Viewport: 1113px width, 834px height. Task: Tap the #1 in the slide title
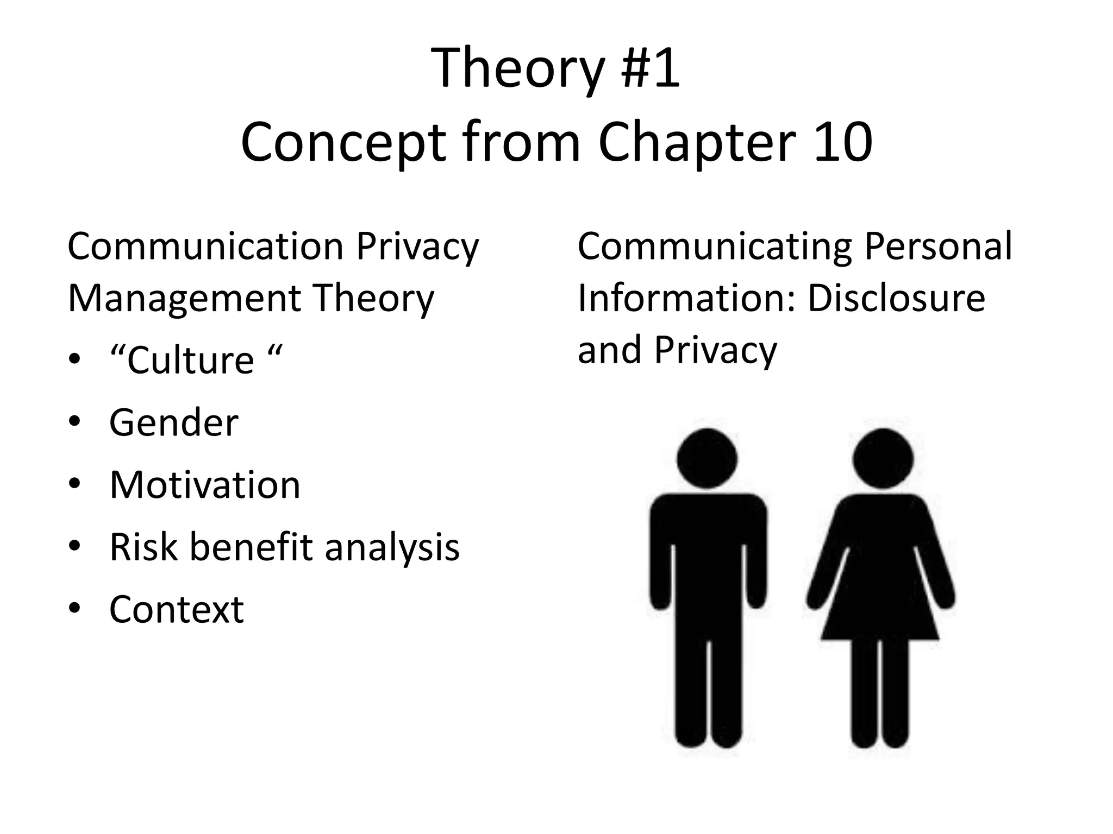650,68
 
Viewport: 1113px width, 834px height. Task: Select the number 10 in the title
843,142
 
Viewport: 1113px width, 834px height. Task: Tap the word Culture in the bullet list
190,361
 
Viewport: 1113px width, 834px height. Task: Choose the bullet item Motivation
204,484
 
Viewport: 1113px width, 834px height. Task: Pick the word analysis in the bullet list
392,547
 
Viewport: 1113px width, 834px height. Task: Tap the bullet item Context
176,609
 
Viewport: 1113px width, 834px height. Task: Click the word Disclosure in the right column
896,299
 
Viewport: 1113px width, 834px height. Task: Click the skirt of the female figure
880,608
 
